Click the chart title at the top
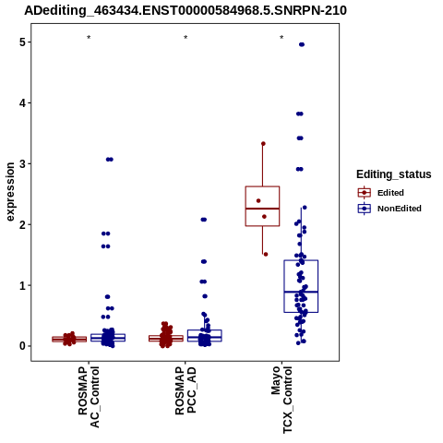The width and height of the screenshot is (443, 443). pos(186,10)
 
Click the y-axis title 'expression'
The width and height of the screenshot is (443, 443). pos(10,192)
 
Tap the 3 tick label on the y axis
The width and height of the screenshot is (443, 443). pos(23,163)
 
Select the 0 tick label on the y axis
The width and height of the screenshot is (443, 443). pos(23,346)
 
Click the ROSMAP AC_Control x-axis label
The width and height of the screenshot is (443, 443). pos(89,397)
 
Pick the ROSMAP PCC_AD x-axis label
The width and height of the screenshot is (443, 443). pos(186,390)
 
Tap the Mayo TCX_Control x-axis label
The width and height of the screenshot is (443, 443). pos(281,400)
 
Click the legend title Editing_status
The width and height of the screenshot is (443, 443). pos(394,174)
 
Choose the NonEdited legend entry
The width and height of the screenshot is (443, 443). pos(389,209)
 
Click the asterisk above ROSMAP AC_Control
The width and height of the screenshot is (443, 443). pos(89,38)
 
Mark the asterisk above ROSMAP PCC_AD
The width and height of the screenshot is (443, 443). pos(186,38)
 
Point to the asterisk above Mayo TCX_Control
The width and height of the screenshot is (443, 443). pos(281,38)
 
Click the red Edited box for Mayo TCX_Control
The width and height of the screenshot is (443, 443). pos(262,206)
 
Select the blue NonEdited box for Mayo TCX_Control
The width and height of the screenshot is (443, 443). pos(301,286)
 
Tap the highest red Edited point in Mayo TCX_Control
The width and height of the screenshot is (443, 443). pos(263,144)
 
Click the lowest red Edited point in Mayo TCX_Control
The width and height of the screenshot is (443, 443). pos(266,254)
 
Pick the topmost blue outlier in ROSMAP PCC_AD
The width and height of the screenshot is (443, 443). pos(204,220)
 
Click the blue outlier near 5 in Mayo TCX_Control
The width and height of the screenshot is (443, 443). pos(302,44)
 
